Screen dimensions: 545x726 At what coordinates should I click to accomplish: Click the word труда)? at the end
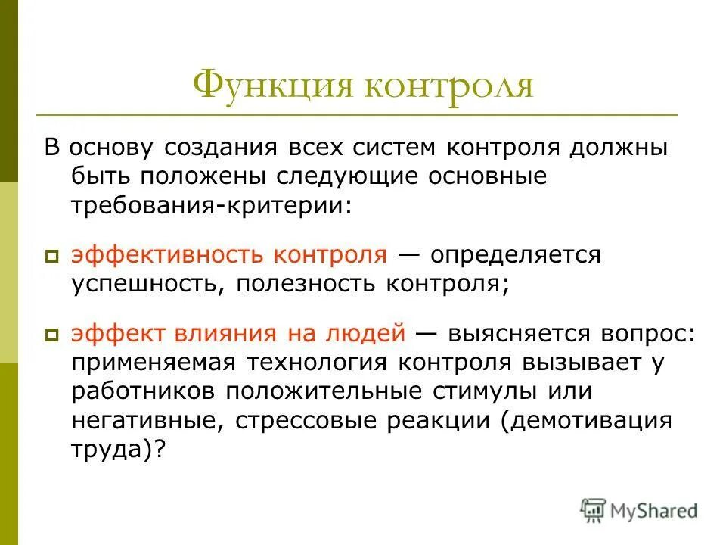click(119, 449)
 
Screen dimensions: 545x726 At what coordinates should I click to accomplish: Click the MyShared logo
click(639, 511)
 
